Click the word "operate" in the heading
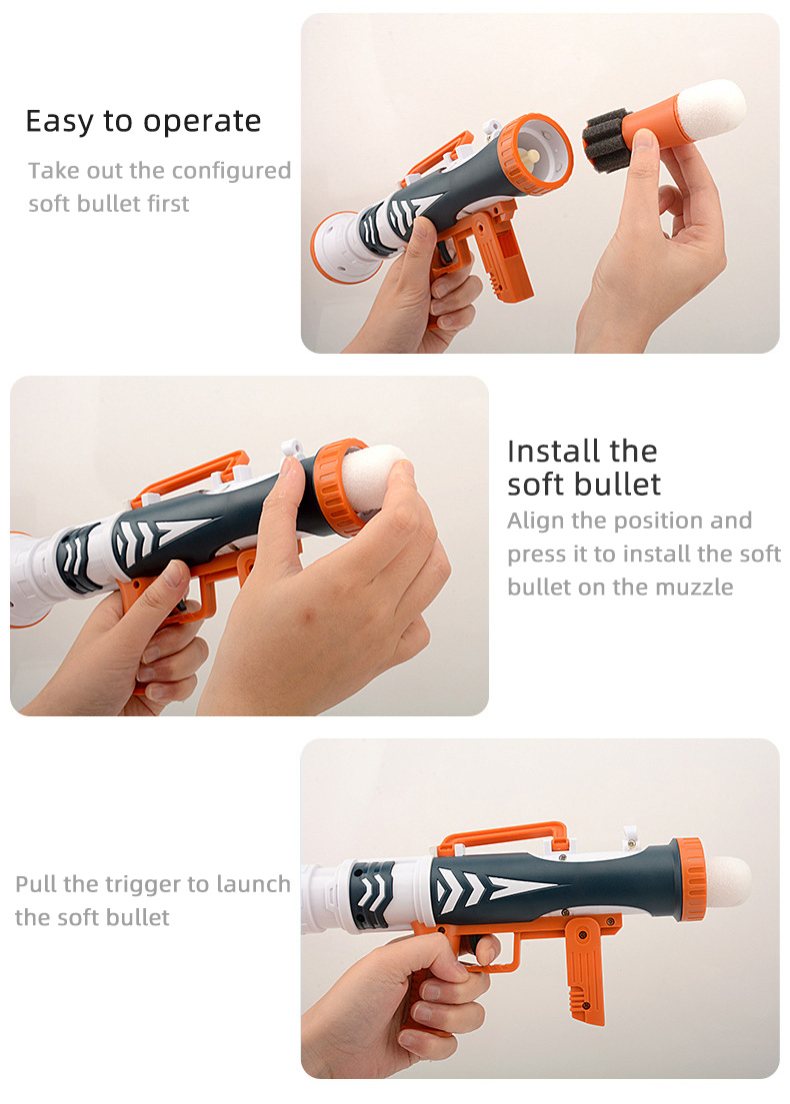[x=202, y=123]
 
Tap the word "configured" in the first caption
[x=231, y=172]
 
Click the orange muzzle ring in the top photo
[x=535, y=154]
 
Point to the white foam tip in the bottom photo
[x=727, y=881]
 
